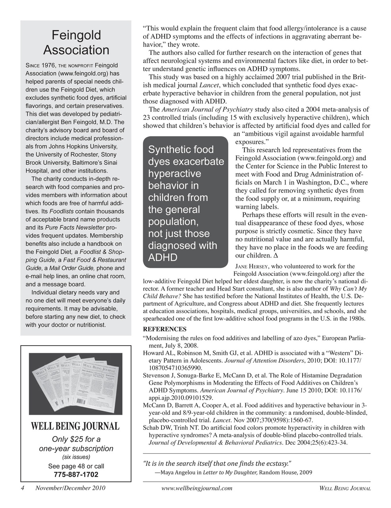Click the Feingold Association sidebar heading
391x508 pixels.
(76, 42)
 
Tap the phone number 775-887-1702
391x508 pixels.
(76, 475)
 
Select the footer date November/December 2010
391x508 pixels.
(70, 488)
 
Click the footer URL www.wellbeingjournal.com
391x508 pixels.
(197, 488)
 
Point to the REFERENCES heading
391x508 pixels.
(164, 329)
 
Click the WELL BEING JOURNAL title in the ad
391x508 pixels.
(75, 426)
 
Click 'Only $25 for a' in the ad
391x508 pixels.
(76, 439)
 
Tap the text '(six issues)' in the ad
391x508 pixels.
(76, 457)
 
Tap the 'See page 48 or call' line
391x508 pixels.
(76, 466)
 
